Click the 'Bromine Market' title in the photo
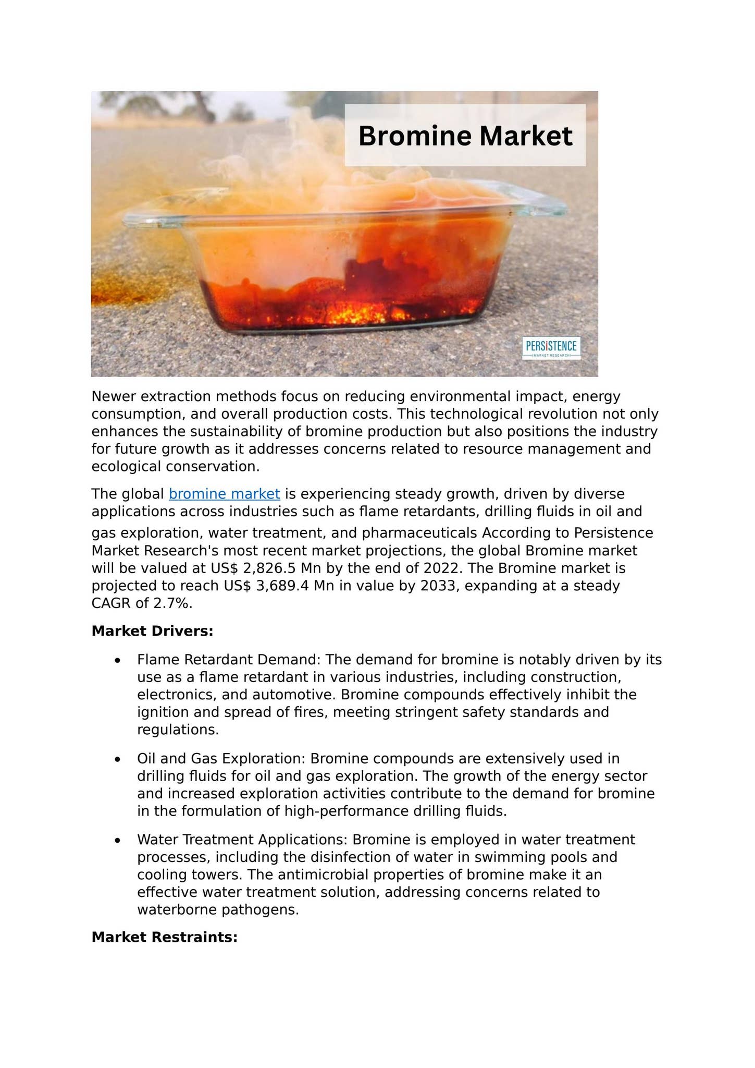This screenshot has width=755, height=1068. click(465, 136)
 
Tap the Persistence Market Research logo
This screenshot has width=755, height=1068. click(551, 348)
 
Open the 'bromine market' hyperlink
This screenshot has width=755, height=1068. click(225, 494)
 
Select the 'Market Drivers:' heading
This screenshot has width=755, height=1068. click(152, 631)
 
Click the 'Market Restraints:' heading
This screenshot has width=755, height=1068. click(164, 937)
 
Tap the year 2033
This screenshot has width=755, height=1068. click(440, 586)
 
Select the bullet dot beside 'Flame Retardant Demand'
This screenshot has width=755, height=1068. click(118, 661)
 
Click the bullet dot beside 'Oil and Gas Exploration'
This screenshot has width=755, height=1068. click(118, 759)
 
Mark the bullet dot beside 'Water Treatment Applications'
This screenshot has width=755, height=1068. click(118, 841)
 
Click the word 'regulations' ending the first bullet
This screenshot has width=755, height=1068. click(177, 730)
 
